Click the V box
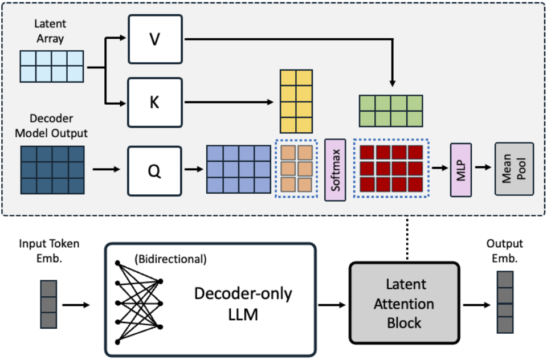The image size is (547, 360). pyautogui.click(x=155, y=39)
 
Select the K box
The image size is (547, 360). pyautogui.click(x=155, y=103)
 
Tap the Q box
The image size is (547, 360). pyautogui.click(x=154, y=171)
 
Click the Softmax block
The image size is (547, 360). pyautogui.click(x=335, y=170)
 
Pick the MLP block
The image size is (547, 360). pyautogui.click(x=461, y=170)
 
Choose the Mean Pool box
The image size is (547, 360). pyautogui.click(x=514, y=169)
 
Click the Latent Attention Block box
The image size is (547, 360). pyautogui.click(x=405, y=303)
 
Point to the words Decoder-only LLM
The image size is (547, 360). pyautogui.click(x=243, y=304)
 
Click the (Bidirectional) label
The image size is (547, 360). pyautogui.click(x=170, y=259)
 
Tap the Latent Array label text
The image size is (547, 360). pyautogui.click(x=50, y=31)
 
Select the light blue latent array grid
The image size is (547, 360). pyautogui.click(x=52, y=66)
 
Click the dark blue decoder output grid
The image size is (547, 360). pyautogui.click(x=52, y=170)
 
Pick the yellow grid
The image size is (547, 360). pyautogui.click(x=296, y=101)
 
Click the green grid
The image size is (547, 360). pyautogui.click(x=391, y=111)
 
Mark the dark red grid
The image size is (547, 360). pyautogui.click(x=391, y=169)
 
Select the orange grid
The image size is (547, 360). pyautogui.click(x=296, y=169)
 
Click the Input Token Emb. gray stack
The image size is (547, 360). pyautogui.click(x=48, y=304)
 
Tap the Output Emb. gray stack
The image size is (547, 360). pyautogui.click(x=505, y=302)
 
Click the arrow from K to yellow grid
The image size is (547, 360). pyautogui.click(x=229, y=102)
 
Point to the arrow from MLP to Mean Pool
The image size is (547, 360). pyautogui.click(x=483, y=167)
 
